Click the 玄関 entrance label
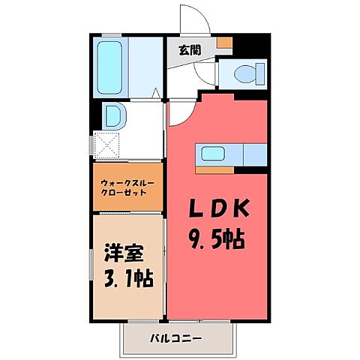tap(190, 50)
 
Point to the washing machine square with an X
tap(105, 144)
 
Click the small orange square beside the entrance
tap(223, 43)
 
